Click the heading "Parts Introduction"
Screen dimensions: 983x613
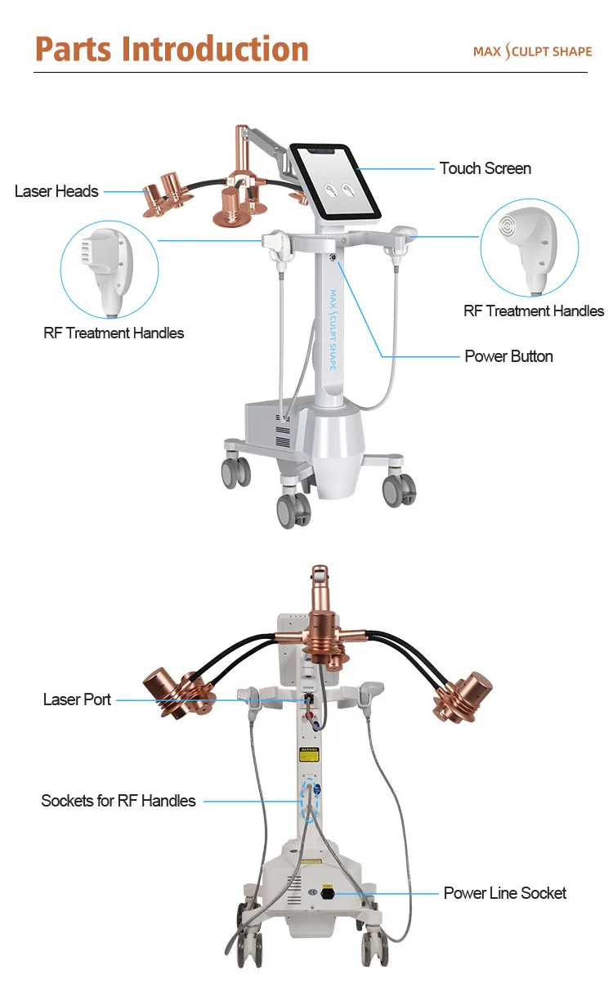tap(172, 49)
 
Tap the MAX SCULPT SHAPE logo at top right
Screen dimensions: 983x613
tap(532, 51)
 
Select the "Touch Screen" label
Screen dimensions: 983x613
tap(485, 168)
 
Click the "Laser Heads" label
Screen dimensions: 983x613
tap(56, 191)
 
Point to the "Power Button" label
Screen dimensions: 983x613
tap(508, 356)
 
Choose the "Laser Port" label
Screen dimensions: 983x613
tap(77, 699)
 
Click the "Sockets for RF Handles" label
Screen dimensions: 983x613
tap(119, 801)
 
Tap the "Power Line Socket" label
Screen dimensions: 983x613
tap(504, 893)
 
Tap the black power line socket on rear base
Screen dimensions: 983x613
tap(328, 894)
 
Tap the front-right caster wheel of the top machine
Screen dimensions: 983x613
tap(400, 491)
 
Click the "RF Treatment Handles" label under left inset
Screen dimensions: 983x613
tap(114, 333)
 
